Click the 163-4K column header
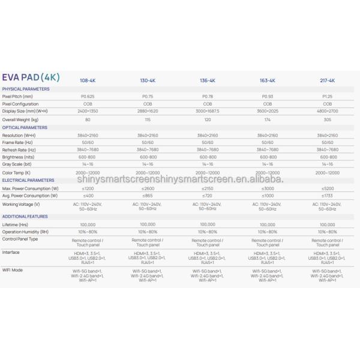(267, 80)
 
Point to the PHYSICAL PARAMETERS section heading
(26, 89)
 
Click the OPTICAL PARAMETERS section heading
(25, 127)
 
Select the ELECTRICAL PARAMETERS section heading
(28, 179)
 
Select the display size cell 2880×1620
(148, 112)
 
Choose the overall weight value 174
(267, 119)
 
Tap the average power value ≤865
(148, 196)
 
